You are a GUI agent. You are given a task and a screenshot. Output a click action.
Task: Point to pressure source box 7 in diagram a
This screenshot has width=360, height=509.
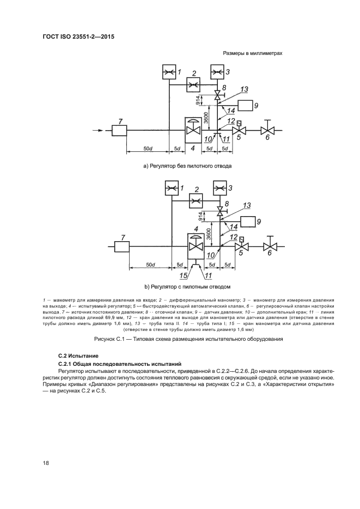coord(119,131)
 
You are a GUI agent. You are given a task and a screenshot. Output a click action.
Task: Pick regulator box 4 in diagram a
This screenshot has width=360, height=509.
coord(193,130)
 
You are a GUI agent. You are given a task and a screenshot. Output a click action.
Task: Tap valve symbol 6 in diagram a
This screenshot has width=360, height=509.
coord(267,131)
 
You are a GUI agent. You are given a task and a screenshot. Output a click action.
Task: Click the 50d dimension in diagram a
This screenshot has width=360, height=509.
coord(147,148)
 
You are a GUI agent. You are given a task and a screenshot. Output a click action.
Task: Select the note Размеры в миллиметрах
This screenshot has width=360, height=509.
coord(252,53)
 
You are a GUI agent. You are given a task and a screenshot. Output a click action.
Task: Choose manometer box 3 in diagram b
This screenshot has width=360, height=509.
coord(219,188)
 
